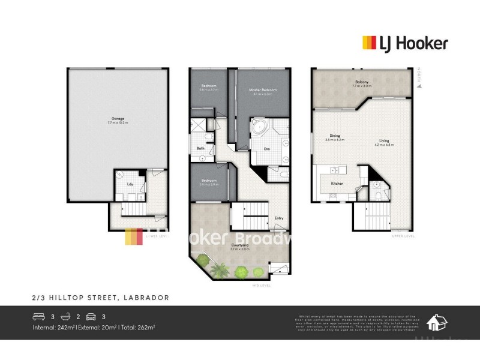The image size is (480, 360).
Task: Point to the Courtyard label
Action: coord(240,245)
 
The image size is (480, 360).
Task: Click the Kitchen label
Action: coord(337,182)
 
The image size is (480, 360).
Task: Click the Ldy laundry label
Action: coord(130,184)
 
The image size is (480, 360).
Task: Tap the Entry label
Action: coord(279,218)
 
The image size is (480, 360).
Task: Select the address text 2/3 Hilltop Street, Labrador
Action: coord(100,297)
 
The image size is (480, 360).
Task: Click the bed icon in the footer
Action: coord(38,316)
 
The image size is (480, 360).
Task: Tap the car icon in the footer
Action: coord(91,316)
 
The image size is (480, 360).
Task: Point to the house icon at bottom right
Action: coord(436,323)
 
